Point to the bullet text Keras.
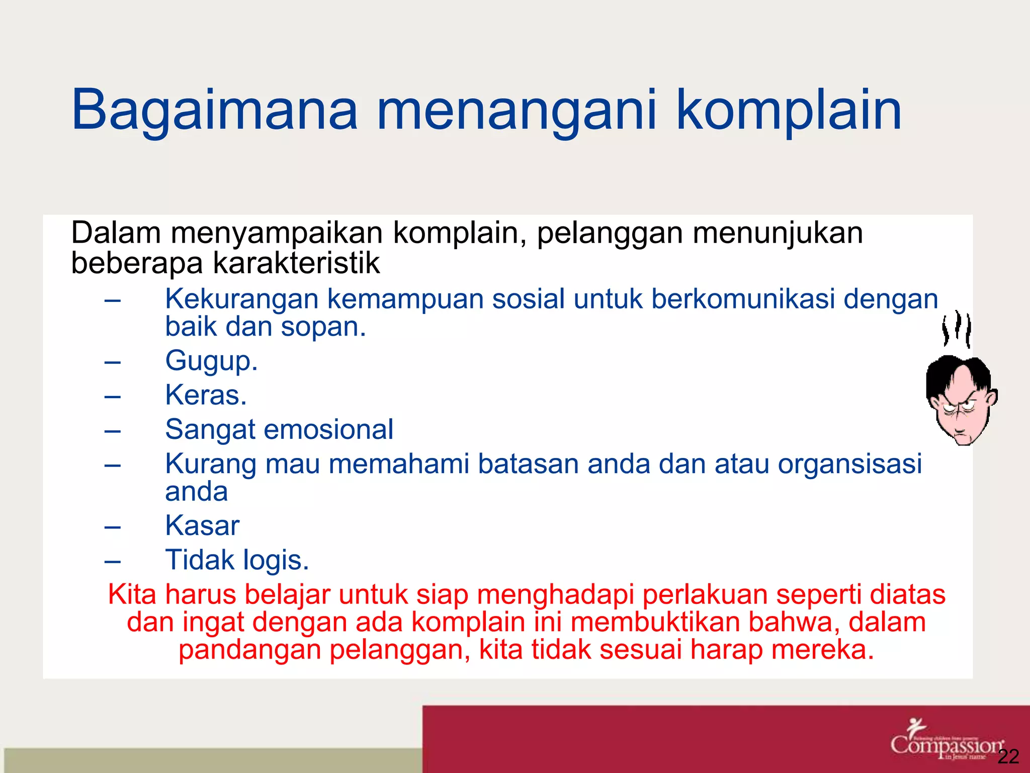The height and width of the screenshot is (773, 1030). (206, 395)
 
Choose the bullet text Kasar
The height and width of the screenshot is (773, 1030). (202, 526)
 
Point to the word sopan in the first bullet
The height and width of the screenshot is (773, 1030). (323, 327)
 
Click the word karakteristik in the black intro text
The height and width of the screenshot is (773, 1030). (296, 263)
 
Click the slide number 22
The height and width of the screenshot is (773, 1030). (1008, 756)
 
